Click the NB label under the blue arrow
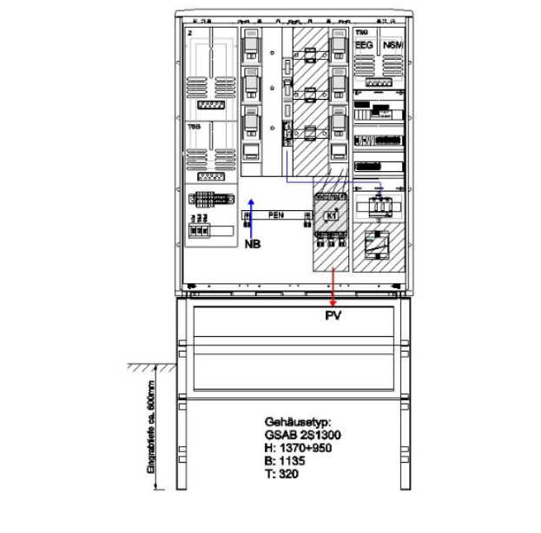tap(253, 244)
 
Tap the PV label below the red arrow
tap(333, 315)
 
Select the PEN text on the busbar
tap(276, 214)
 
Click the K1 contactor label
tap(330, 215)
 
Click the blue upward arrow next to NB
tap(251, 218)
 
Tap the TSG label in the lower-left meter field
tap(194, 126)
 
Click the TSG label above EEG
tap(360, 30)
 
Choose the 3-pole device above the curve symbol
tap(379, 208)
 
